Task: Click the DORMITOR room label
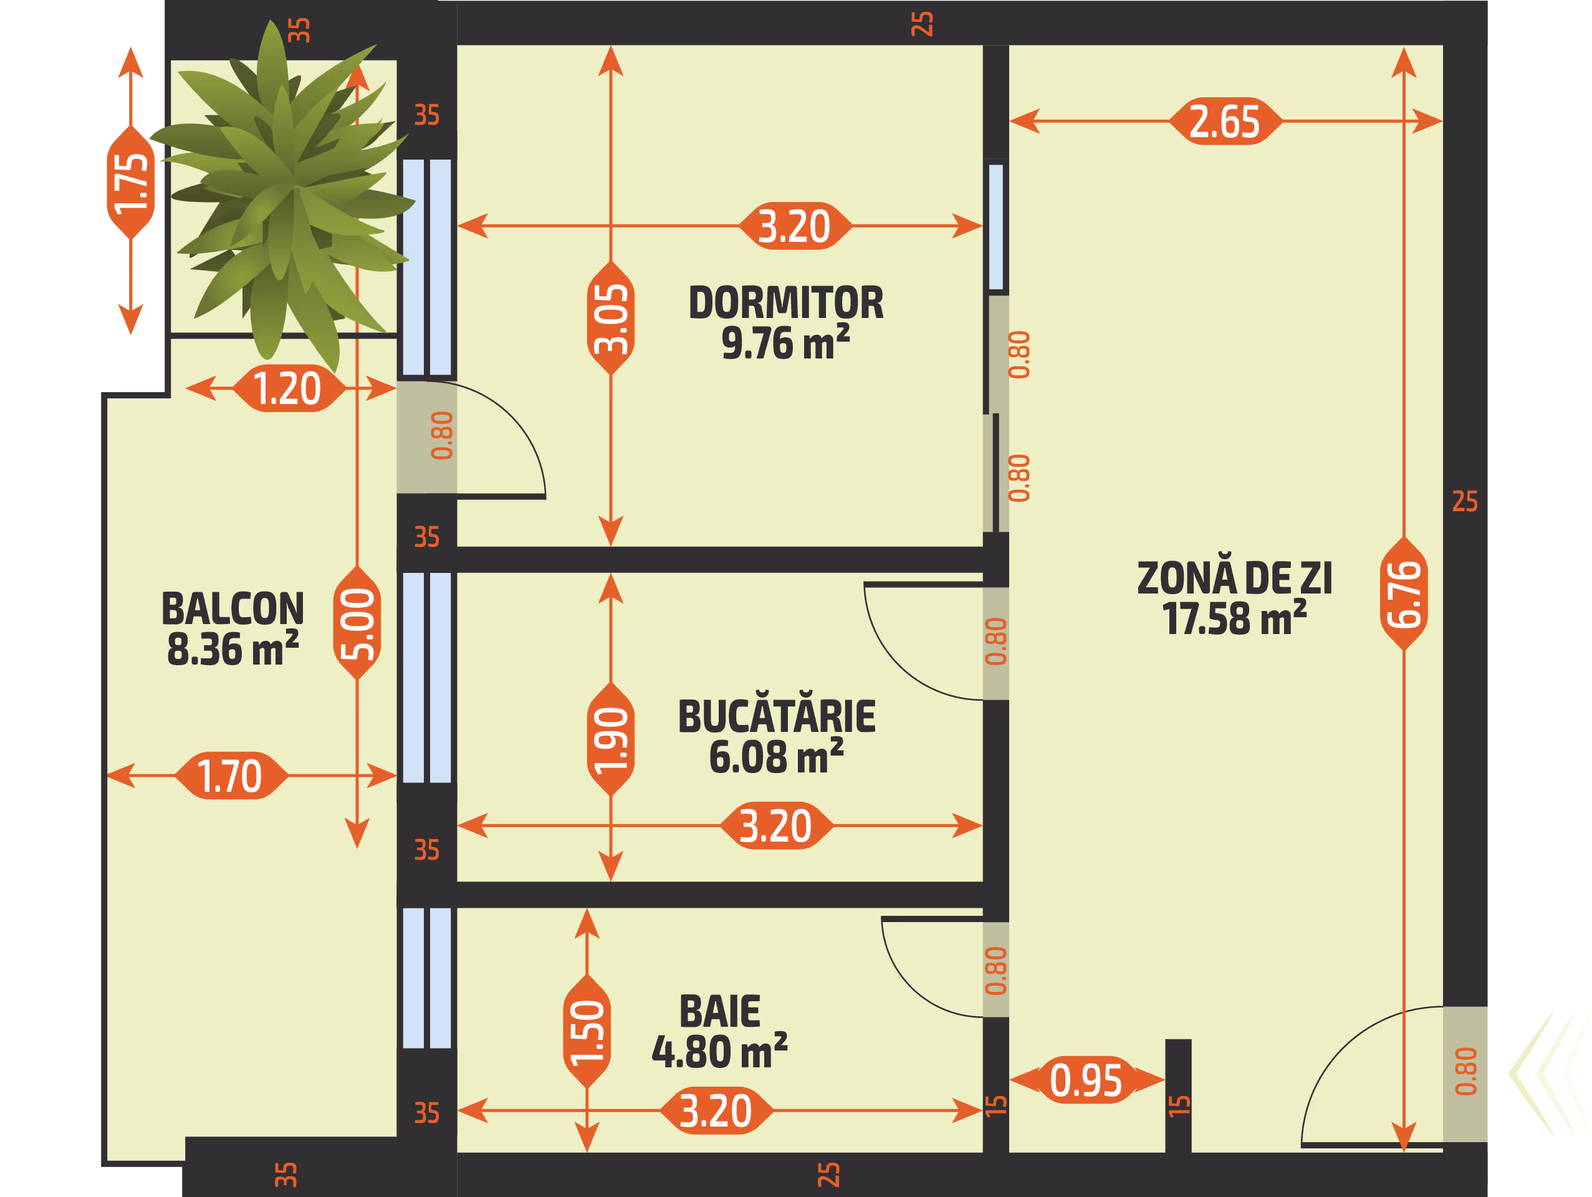coord(785,303)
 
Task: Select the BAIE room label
coord(720,1011)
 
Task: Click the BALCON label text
coord(233,609)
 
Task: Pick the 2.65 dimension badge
coord(1225,121)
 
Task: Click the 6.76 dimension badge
coord(1403,594)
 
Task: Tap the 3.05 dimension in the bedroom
coord(610,318)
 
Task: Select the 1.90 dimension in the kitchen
coord(610,739)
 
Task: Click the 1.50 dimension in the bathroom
coord(587,1031)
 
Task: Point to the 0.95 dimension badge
coord(1086,1080)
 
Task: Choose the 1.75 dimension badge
coord(130,183)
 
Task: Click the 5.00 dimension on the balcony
coord(357,623)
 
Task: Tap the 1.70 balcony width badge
coord(230,775)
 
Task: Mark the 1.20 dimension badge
coord(288,388)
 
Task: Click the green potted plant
coord(284,195)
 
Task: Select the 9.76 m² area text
coord(785,343)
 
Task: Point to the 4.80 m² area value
coord(720,1052)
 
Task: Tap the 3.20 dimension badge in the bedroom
coord(795,225)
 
